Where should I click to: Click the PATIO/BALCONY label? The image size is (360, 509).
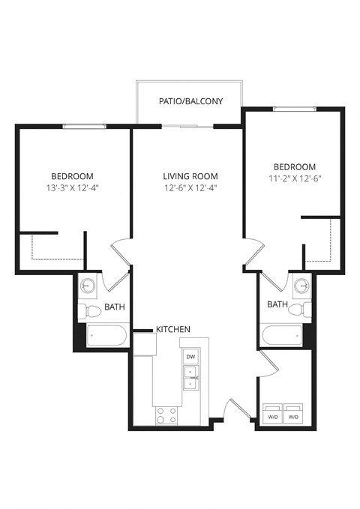[x=190, y=101]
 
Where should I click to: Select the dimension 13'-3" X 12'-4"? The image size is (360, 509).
[x=72, y=187]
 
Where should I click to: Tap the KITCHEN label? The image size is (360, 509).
[x=172, y=329]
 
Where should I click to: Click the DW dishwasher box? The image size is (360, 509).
[x=190, y=357]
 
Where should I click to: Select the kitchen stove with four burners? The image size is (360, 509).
[x=166, y=415]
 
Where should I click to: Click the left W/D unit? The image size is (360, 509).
[x=271, y=415]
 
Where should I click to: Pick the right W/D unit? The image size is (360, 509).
[x=293, y=415]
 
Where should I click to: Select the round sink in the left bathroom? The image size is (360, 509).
[x=88, y=286]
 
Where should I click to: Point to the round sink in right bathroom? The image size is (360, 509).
[x=301, y=286]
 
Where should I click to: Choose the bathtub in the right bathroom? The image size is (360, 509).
[x=281, y=335]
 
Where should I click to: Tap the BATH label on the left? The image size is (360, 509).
[x=114, y=307]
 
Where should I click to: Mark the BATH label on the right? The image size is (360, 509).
[x=277, y=304]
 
